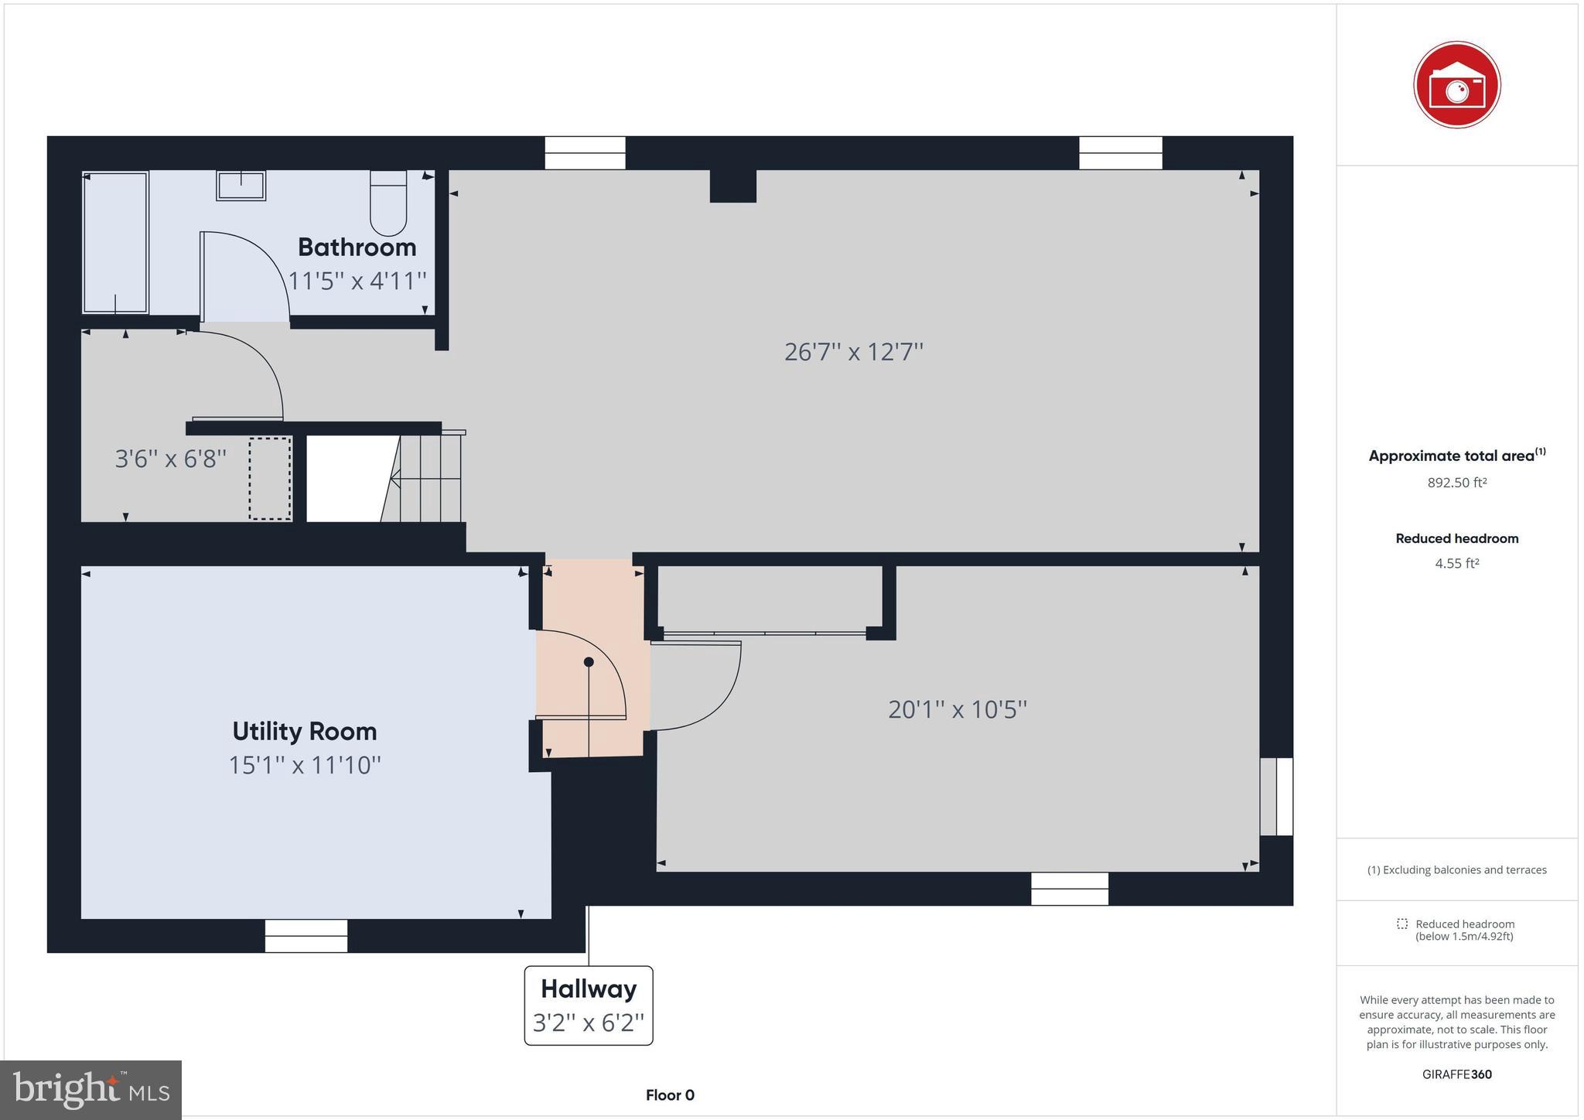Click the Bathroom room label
(357, 248)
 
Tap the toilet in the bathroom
(388, 203)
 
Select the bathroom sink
(241, 186)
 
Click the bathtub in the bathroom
(115, 242)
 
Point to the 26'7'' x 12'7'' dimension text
(854, 352)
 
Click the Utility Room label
(305, 731)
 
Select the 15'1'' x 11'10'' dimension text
(305, 765)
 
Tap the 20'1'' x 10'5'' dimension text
(958, 709)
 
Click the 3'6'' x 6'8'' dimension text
(171, 459)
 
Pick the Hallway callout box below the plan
(589, 1005)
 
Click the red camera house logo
(1456, 85)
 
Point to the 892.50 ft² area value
(1456, 483)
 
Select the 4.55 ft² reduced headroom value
(1456, 563)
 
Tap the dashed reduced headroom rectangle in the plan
(270, 479)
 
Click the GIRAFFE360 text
(1456, 1074)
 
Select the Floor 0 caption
(670, 1095)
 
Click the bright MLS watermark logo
(91, 1090)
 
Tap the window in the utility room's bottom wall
(306, 936)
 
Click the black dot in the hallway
(589, 662)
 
